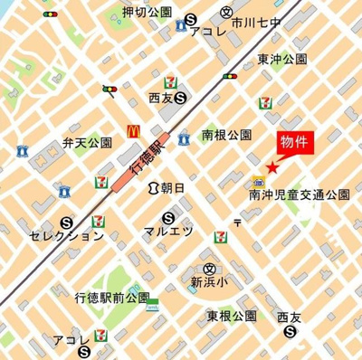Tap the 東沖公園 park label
point(282,60)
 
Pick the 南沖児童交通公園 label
point(300,194)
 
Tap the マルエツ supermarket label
point(169,232)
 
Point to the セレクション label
point(66,236)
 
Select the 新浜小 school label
point(209,281)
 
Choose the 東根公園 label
point(233,316)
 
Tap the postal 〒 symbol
point(237,221)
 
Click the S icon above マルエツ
point(169,217)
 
